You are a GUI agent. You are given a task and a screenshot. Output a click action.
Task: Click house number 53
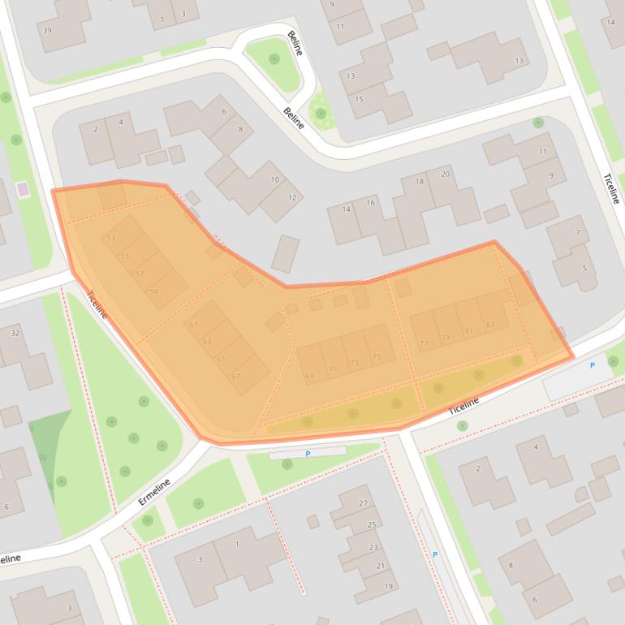click(110, 238)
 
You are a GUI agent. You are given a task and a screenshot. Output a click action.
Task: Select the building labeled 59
click(153, 291)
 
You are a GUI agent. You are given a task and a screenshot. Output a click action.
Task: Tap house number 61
click(193, 325)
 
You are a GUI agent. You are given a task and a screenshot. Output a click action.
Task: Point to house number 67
click(235, 377)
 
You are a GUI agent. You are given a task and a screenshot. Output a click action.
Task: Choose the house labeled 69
click(309, 376)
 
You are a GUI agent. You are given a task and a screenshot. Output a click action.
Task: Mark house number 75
click(377, 357)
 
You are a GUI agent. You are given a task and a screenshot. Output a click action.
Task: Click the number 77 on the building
click(423, 343)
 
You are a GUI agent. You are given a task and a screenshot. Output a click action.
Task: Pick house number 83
click(489, 325)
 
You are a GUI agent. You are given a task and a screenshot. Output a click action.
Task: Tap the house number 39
click(47, 31)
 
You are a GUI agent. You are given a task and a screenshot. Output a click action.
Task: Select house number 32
click(15, 334)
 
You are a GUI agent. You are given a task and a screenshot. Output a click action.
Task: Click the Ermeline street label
click(153, 491)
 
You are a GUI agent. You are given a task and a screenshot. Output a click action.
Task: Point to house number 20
click(445, 175)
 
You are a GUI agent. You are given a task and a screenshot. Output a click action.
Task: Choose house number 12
click(292, 197)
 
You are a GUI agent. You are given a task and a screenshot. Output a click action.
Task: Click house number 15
click(359, 99)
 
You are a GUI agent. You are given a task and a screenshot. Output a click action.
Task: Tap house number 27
click(363, 503)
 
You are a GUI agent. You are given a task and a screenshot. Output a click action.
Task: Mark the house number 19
click(389, 586)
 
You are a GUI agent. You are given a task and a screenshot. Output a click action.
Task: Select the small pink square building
click(22, 189)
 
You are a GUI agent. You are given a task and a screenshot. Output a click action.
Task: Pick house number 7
click(577, 234)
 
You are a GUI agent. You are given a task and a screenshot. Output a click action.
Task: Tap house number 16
click(370, 202)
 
